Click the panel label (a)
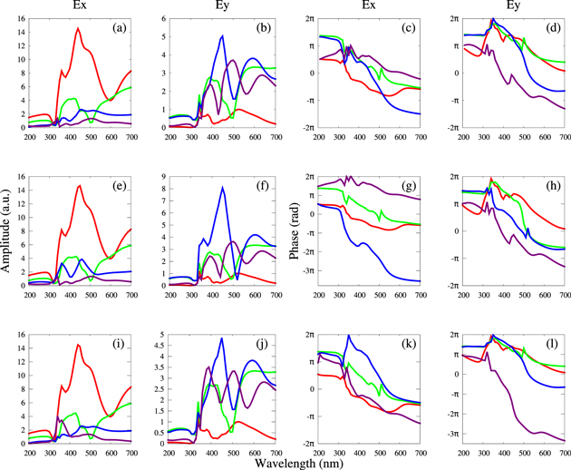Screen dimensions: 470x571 click(119, 28)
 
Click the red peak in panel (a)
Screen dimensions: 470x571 click(78, 28)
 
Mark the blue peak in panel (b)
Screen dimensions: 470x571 click(222, 35)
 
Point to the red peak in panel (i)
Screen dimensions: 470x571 click(78, 345)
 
